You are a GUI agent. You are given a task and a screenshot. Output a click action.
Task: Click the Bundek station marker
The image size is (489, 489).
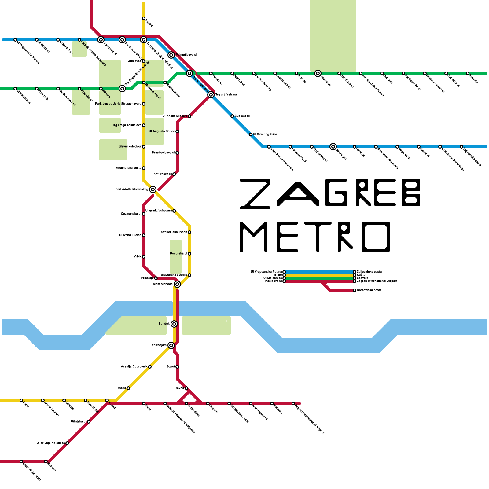pyautogui.click(x=174, y=324)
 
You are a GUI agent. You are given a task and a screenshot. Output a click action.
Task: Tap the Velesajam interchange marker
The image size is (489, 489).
pyautogui.click(x=171, y=345)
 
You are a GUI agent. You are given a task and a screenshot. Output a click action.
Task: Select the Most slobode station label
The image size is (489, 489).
pyautogui.click(x=163, y=284)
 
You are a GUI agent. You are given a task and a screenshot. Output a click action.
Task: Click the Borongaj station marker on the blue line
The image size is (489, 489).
pyautogui.click(x=333, y=147)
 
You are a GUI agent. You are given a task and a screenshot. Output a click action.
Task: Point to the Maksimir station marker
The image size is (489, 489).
pyautogui.click(x=318, y=73)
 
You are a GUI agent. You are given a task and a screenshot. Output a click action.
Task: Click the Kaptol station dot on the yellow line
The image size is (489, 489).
pyautogui.click(x=144, y=18)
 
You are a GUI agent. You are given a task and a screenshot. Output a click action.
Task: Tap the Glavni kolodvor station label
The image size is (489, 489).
pyautogui.click(x=130, y=147)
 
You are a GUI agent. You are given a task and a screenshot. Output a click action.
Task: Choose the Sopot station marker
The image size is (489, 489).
pyautogui.click(x=177, y=367)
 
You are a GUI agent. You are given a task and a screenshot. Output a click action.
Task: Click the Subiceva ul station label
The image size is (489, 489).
pyautogui.click(x=242, y=116)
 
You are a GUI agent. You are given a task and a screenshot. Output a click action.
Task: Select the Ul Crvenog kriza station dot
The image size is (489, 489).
pyautogui.click(x=251, y=134)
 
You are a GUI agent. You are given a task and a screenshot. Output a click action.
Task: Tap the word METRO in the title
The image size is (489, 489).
pyautogui.click(x=315, y=237)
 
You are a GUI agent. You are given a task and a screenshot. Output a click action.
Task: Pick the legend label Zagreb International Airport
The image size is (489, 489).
pyautogui.click(x=377, y=281)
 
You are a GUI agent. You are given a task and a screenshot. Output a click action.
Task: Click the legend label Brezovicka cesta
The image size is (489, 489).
pyautogui.click(x=369, y=290)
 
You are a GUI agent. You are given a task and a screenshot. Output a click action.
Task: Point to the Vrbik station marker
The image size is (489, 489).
pyautogui.click(x=144, y=257)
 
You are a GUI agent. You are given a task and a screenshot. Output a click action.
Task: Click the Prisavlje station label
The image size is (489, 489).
pyautogui.click(x=147, y=278)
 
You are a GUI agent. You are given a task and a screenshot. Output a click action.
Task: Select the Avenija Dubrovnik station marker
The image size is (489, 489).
pyautogui.click(x=150, y=367)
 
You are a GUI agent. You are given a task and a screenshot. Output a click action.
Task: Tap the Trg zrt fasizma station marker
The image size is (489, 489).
pyautogui.click(x=211, y=95)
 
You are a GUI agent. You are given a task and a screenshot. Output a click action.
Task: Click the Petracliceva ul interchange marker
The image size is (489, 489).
pyautogui.click(x=171, y=55)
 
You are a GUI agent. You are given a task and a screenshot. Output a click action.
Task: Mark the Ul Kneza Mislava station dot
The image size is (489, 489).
pyautogui.click(x=189, y=116)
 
